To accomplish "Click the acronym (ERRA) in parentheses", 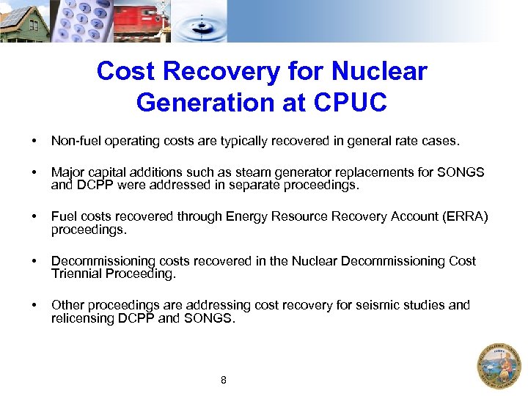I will pos(466,216).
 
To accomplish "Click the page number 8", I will pos(224,380).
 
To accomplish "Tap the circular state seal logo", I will pos(499,366).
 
